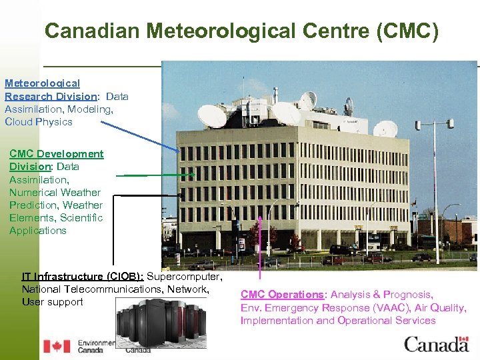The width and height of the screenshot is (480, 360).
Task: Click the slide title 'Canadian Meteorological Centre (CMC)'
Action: coord(241,31)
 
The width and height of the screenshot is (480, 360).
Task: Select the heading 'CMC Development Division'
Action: coord(56,160)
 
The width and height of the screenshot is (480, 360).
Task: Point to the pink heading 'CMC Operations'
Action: coord(282,295)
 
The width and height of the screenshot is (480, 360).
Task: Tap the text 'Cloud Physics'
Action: coord(38,122)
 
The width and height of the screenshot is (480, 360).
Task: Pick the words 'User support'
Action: coord(52,302)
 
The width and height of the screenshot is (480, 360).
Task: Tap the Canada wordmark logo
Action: coord(436,345)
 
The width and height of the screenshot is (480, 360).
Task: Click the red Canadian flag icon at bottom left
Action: coord(57,346)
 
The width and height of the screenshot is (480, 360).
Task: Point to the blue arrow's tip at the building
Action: coord(179,151)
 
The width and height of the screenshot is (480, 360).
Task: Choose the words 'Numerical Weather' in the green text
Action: coord(56,192)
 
